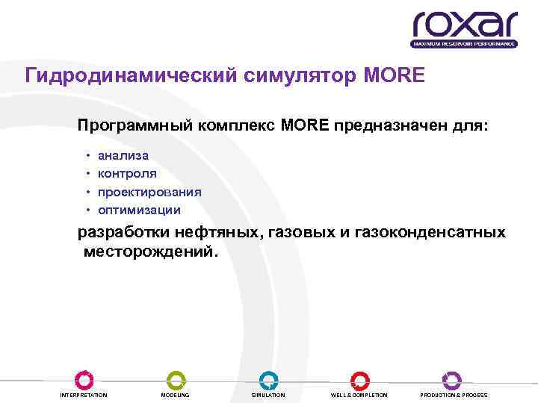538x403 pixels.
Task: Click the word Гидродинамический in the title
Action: (131, 76)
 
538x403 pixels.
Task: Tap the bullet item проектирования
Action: (149, 192)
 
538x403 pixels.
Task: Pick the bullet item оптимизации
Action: (139, 210)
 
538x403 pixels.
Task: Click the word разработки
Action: (127, 233)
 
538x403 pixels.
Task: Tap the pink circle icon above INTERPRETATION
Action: (84, 379)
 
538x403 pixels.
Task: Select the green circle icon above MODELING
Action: (176, 379)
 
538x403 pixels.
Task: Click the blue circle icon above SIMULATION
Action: (268, 379)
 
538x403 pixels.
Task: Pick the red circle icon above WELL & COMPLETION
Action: (360, 379)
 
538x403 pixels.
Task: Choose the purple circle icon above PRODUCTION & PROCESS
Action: (452, 379)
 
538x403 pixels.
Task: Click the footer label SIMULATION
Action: (268, 395)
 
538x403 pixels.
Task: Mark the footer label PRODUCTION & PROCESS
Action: (454, 395)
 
